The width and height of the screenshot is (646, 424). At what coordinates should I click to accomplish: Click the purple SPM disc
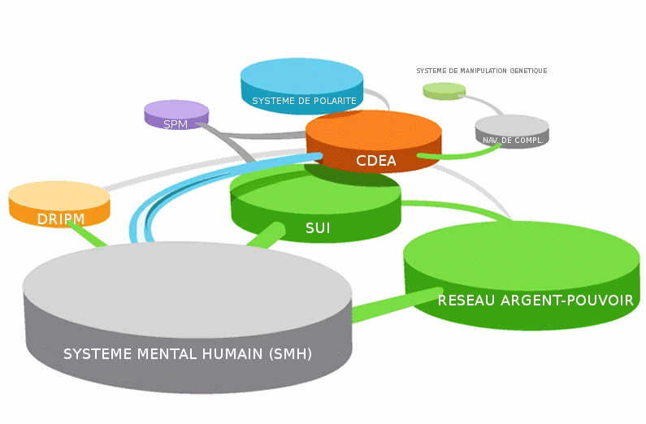coord(176,115)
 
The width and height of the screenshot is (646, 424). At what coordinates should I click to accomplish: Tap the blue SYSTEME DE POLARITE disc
coord(302,86)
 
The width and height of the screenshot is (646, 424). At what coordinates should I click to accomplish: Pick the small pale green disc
coord(444,91)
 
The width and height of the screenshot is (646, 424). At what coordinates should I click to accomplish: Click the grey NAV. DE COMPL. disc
coord(512,132)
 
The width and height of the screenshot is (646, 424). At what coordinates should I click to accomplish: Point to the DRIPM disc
coord(59,204)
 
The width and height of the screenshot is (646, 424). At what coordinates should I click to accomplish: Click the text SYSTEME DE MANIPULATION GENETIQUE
coord(482,71)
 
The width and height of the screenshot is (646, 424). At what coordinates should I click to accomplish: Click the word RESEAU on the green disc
coord(466,300)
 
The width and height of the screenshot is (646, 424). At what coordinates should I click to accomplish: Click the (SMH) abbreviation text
coord(290,354)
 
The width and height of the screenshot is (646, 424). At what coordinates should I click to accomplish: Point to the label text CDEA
coord(375,161)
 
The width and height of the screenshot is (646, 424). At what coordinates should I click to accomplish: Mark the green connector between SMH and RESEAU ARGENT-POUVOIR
coord(397,305)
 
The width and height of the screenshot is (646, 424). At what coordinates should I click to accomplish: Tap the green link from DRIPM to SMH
coord(88,234)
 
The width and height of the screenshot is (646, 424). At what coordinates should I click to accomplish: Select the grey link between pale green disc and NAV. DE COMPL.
coord(482,103)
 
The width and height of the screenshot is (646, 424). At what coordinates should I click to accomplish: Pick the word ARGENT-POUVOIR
coord(567,300)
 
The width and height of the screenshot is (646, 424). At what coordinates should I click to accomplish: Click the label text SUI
coord(318,228)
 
